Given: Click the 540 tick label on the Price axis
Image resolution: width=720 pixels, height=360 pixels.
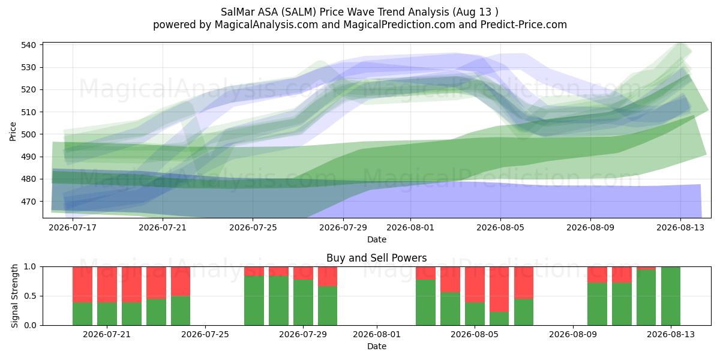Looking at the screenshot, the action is tap(28, 45).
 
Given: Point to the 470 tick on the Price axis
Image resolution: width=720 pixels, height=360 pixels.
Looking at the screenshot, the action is tap(28, 202).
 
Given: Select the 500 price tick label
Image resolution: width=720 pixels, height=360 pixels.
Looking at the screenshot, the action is tap(28, 134).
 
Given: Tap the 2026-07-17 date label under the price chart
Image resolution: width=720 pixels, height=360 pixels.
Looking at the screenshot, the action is tap(73, 227).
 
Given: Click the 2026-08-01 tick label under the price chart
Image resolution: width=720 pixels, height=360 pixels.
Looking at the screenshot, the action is tap(410, 227).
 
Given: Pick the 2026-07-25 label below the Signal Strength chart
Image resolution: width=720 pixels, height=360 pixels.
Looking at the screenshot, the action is tap(205, 334).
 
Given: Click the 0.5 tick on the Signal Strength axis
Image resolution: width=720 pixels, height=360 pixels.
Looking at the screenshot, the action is tap(30, 296).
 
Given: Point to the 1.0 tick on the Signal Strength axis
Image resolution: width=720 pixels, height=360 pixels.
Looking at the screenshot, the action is tap(30, 267).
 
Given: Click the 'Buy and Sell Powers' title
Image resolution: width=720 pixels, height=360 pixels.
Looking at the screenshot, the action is tap(376, 258).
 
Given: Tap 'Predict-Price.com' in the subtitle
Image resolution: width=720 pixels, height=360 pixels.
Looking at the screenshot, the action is tap(524, 25).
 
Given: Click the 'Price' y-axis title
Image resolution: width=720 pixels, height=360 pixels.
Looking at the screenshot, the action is tap(13, 131).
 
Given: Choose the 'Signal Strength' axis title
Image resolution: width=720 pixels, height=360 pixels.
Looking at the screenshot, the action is tap(14, 296).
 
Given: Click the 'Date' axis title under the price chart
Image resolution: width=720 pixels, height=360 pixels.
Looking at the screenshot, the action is tap(377, 239).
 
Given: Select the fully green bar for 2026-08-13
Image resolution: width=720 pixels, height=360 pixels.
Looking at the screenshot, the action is tap(671, 296).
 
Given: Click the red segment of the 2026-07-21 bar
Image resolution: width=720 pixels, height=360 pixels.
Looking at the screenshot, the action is tap(107, 284).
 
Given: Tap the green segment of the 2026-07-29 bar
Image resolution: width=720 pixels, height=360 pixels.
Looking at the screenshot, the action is tap(303, 302).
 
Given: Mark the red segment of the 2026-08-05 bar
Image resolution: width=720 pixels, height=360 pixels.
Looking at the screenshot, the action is tap(475, 284).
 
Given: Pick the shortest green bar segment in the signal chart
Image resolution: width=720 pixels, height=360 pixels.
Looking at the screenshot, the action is tap(499, 319).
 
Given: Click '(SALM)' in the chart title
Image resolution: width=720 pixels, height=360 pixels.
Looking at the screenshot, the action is tap(299, 12).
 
